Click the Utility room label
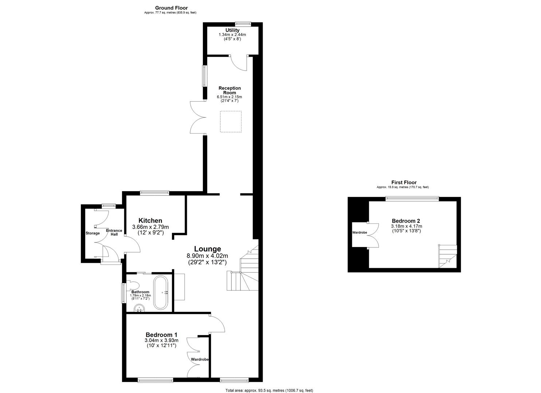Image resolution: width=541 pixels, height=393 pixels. point(232,30)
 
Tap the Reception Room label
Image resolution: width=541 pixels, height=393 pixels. point(230,90)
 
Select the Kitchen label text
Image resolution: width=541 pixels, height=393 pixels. point(150,221)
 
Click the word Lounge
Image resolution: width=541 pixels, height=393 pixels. point(207,249)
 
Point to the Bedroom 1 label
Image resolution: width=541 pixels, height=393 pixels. point(161,335)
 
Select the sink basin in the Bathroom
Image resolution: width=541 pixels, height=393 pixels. point(140,309)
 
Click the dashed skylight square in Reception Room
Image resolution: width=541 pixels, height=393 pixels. point(231,122)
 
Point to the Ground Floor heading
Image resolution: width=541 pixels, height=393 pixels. point(171,8)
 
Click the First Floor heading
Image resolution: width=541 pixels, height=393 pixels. point(404,183)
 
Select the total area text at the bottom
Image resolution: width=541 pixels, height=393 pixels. point(269,390)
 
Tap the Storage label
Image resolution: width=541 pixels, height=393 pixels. point(93,233)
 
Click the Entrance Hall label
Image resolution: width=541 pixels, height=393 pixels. point(114,232)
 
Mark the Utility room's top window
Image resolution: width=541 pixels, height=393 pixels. point(243,24)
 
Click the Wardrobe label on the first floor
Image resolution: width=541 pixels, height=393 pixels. point(360,232)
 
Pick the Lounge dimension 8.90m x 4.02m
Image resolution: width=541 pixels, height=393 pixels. point(207,256)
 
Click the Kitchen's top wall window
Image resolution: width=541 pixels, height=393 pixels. point(155,193)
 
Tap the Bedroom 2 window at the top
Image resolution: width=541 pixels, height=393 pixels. point(412,199)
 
